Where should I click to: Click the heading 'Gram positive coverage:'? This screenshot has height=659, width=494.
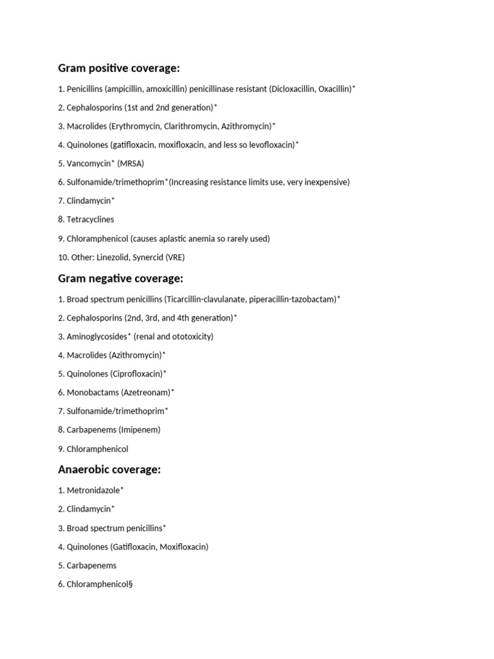tap(119, 68)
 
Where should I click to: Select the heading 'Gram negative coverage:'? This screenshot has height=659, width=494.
tap(120, 279)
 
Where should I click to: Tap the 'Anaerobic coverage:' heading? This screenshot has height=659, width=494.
tap(109, 470)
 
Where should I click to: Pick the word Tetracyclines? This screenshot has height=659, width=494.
tap(90, 219)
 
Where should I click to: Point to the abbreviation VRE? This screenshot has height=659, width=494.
tap(174, 257)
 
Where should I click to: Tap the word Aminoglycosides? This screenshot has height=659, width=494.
tap(96, 337)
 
